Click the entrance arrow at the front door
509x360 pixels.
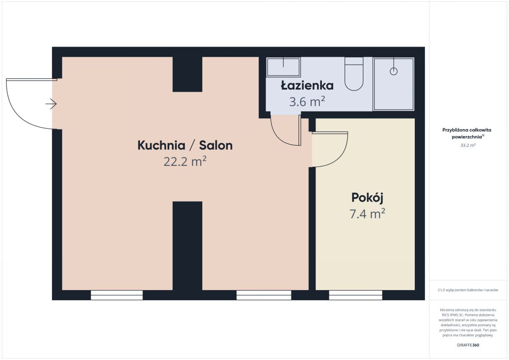(x=51, y=104)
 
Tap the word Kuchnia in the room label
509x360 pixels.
(x=161, y=145)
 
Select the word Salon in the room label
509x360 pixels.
(x=216, y=145)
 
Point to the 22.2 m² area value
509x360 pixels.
(x=185, y=162)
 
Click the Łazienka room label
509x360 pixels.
(x=307, y=85)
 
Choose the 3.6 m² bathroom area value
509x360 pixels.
(x=307, y=101)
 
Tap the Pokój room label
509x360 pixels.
(x=367, y=198)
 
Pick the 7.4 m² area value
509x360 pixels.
(x=367, y=214)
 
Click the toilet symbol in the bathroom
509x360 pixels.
(x=354, y=74)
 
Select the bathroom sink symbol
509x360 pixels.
(x=283, y=67)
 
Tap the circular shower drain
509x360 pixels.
(x=394, y=71)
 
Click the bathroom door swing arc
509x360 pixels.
(x=280, y=137)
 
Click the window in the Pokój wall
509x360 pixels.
(x=355, y=295)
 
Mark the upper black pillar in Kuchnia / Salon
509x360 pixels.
(x=187, y=74)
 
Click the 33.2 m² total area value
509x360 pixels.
(x=468, y=145)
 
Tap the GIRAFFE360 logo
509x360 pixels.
(x=468, y=345)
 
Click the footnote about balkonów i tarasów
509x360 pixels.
(x=468, y=290)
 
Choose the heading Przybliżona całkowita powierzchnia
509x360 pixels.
(x=467, y=133)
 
